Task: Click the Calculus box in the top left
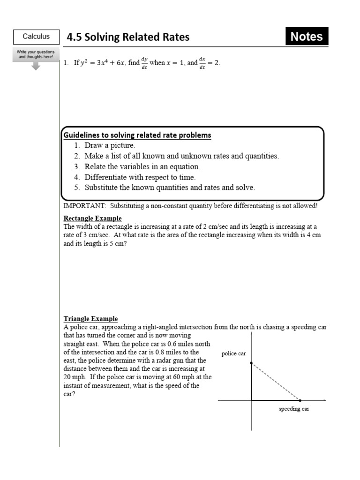coord(36,37)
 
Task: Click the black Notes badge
coord(307,37)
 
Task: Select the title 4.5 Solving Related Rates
coord(128,37)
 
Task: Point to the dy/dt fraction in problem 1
coord(144,63)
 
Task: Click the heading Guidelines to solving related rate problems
coord(137,135)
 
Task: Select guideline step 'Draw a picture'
coord(110,146)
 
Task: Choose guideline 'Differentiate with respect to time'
coord(140,177)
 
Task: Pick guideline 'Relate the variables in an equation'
coord(142,167)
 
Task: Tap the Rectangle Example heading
coord(92,218)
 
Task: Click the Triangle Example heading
coord(90,319)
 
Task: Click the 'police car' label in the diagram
coord(233,354)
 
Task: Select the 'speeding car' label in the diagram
coord(294,409)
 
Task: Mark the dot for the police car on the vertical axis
coord(252,363)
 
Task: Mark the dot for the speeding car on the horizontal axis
coord(300,400)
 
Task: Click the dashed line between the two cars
coord(276,382)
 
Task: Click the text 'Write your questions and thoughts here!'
coord(36,54)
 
